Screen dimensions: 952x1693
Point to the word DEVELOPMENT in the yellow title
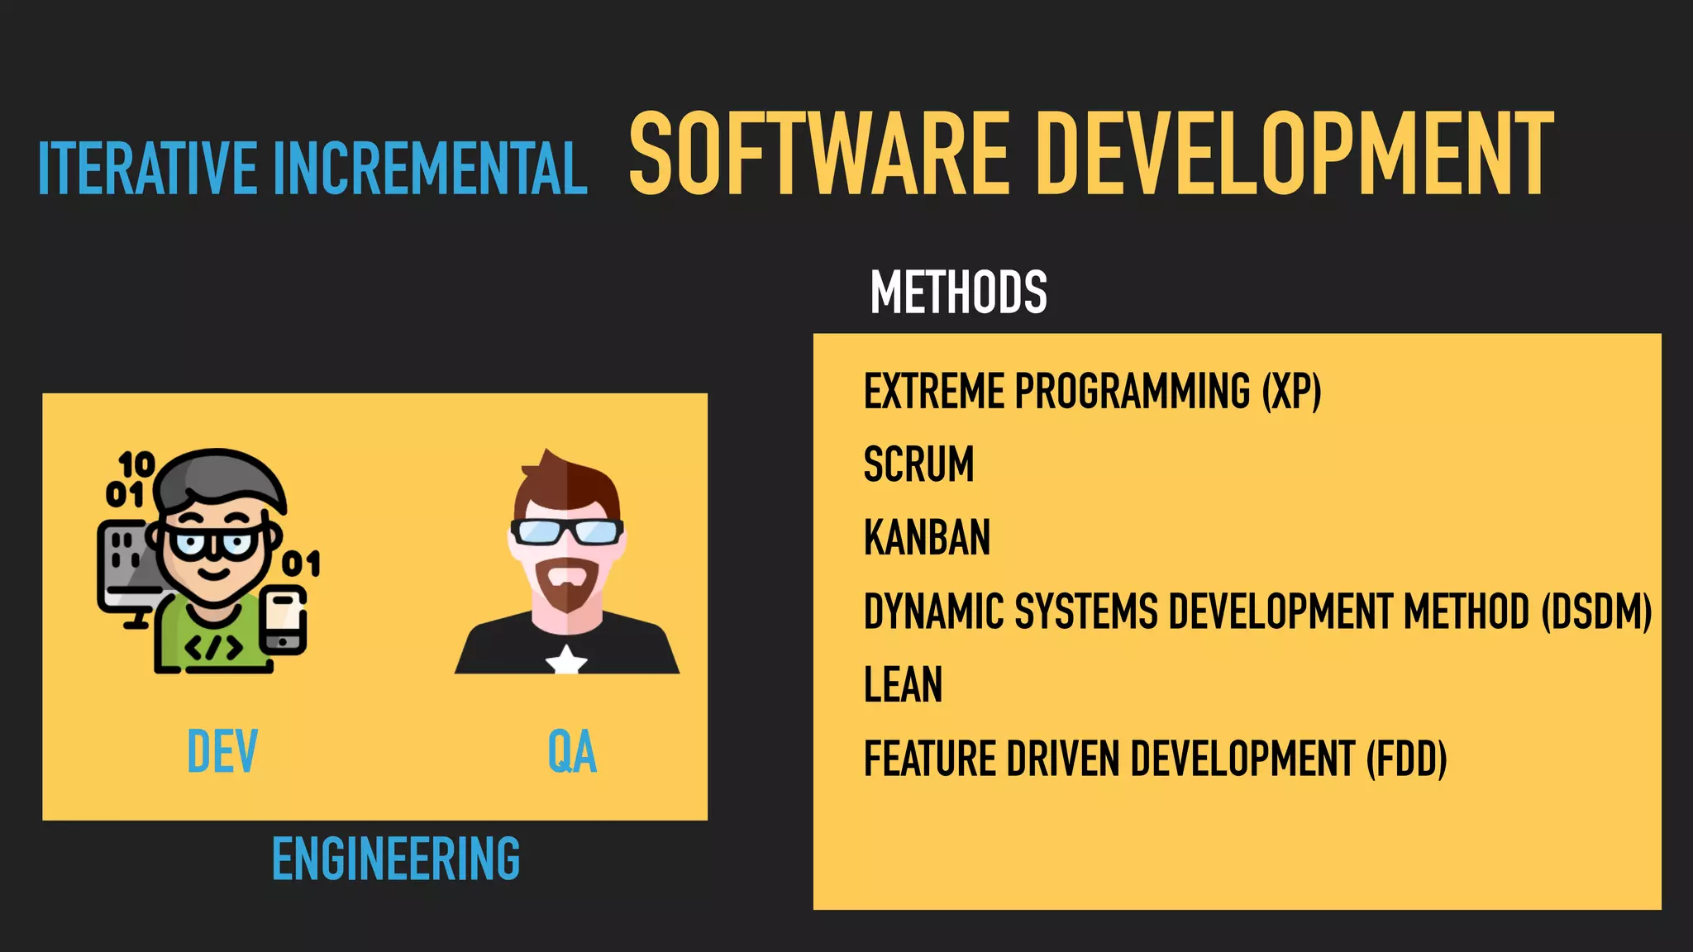point(1295,155)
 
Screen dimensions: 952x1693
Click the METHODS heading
point(958,293)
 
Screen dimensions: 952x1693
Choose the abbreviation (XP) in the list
point(1291,391)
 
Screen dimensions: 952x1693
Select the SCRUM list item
point(918,464)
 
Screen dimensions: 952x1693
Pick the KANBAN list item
point(927,538)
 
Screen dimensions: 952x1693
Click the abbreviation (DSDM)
point(1596,612)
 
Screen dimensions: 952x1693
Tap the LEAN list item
point(903,685)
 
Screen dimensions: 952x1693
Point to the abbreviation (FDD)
point(1405,759)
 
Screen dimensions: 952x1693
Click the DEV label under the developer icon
point(222,751)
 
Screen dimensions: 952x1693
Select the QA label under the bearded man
point(572,751)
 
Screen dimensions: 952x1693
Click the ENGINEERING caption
point(396,859)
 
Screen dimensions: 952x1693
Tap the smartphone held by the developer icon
point(283,620)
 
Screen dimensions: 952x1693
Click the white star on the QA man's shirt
point(566,660)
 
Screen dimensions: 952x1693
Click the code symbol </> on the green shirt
point(214,647)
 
